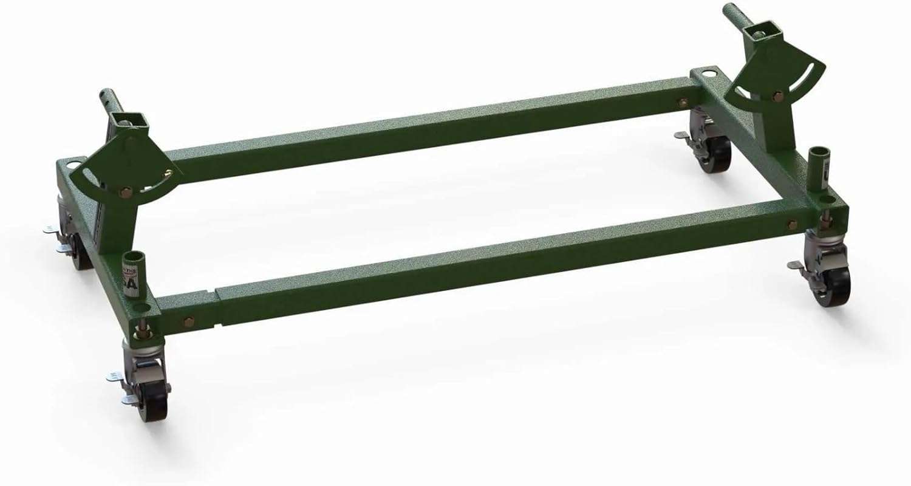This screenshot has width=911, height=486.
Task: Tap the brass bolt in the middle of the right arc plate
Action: click(x=777, y=95)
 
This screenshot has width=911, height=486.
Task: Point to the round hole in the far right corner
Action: click(x=708, y=75)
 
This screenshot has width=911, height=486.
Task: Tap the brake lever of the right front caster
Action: click(x=797, y=265)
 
